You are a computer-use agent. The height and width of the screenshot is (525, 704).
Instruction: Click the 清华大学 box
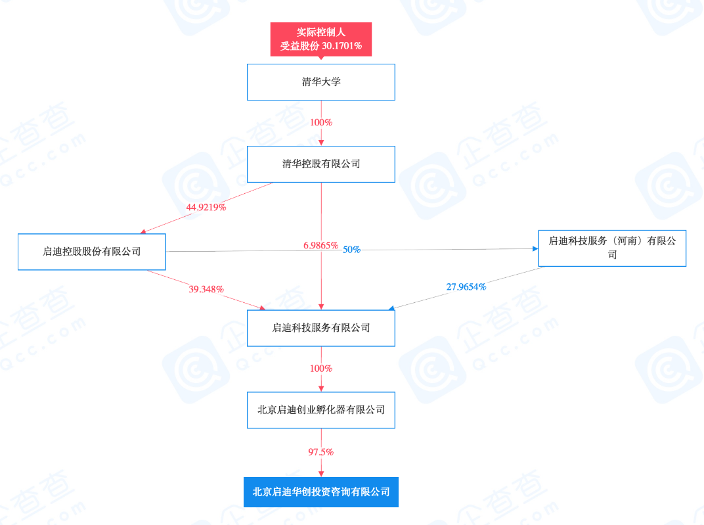click(x=320, y=82)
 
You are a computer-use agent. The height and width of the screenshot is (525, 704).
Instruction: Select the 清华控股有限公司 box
click(x=320, y=164)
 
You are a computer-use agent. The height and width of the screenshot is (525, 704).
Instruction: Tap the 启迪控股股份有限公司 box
click(x=91, y=251)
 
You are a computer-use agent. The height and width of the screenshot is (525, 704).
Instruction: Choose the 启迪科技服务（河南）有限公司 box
click(x=612, y=248)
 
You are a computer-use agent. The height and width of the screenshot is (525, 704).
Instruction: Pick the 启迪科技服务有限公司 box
click(x=320, y=327)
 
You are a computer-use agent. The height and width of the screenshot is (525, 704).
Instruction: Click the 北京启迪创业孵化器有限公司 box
click(x=320, y=409)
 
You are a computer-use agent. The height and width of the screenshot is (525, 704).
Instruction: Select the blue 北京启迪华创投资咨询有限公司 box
click(x=320, y=491)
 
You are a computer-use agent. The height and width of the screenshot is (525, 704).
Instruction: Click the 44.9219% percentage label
click(x=206, y=207)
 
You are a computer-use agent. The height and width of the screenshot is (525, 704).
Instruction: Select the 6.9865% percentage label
click(x=320, y=245)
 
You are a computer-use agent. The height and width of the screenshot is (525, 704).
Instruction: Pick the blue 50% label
click(x=351, y=250)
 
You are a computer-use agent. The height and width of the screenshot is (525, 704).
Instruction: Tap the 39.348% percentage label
click(x=206, y=289)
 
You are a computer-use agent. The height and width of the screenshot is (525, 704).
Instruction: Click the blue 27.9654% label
click(x=466, y=286)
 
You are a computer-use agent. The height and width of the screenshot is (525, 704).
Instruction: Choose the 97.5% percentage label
click(x=320, y=452)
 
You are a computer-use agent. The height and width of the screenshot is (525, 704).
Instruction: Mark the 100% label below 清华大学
click(x=320, y=122)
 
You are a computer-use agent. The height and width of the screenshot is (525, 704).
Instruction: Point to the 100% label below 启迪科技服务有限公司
click(x=320, y=369)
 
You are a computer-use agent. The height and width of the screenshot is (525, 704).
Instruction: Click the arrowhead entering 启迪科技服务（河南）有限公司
click(x=534, y=248)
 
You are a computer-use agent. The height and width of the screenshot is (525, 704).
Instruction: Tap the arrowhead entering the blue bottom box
click(x=320, y=473)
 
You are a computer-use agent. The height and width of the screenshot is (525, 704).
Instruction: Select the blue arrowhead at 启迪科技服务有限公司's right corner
click(x=392, y=308)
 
